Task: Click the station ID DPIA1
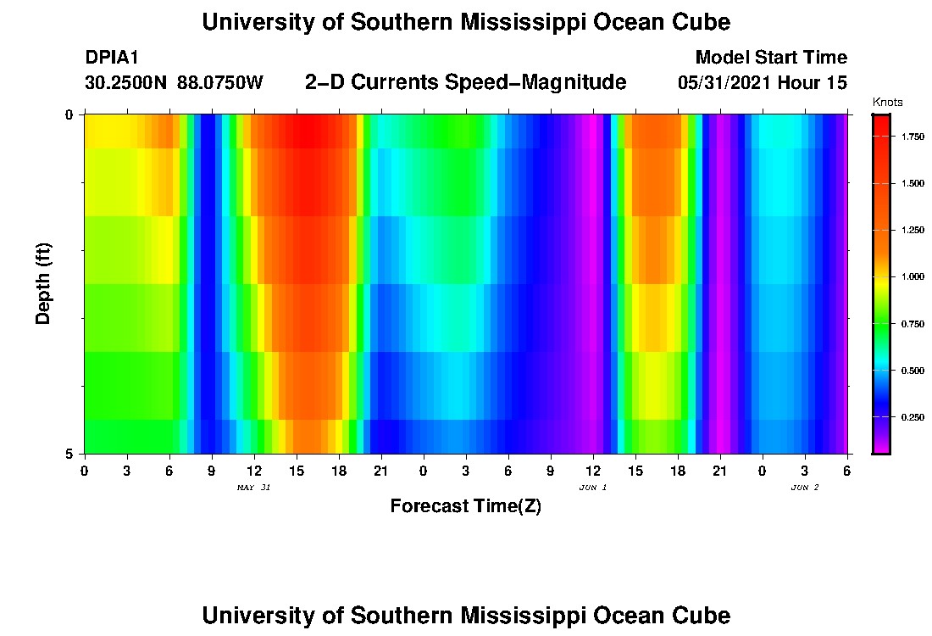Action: tap(112, 58)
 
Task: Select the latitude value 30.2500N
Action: tap(127, 83)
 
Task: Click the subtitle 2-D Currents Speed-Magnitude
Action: tap(465, 82)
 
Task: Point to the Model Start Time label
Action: tap(770, 58)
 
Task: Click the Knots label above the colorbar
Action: tap(888, 103)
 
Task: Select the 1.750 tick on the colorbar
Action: tap(912, 137)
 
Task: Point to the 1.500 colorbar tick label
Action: tap(912, 183)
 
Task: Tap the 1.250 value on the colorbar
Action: tap(912, 230)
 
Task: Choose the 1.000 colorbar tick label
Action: tap(912, 277)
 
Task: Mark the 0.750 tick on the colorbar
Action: tap(912, 324)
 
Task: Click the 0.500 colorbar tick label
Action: tap(912, 371)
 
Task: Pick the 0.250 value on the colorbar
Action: tap(912, 417)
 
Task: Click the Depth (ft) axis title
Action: tap(44, 284)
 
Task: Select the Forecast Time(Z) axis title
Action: tap(465, 506)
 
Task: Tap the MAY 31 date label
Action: tap(253, 488)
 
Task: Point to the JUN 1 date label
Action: tap(592, 488)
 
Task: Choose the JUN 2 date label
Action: tap(804, 488)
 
